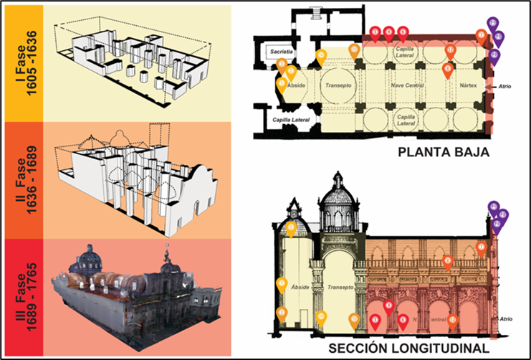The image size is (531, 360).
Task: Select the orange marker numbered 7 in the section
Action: (x=447, y=262)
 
